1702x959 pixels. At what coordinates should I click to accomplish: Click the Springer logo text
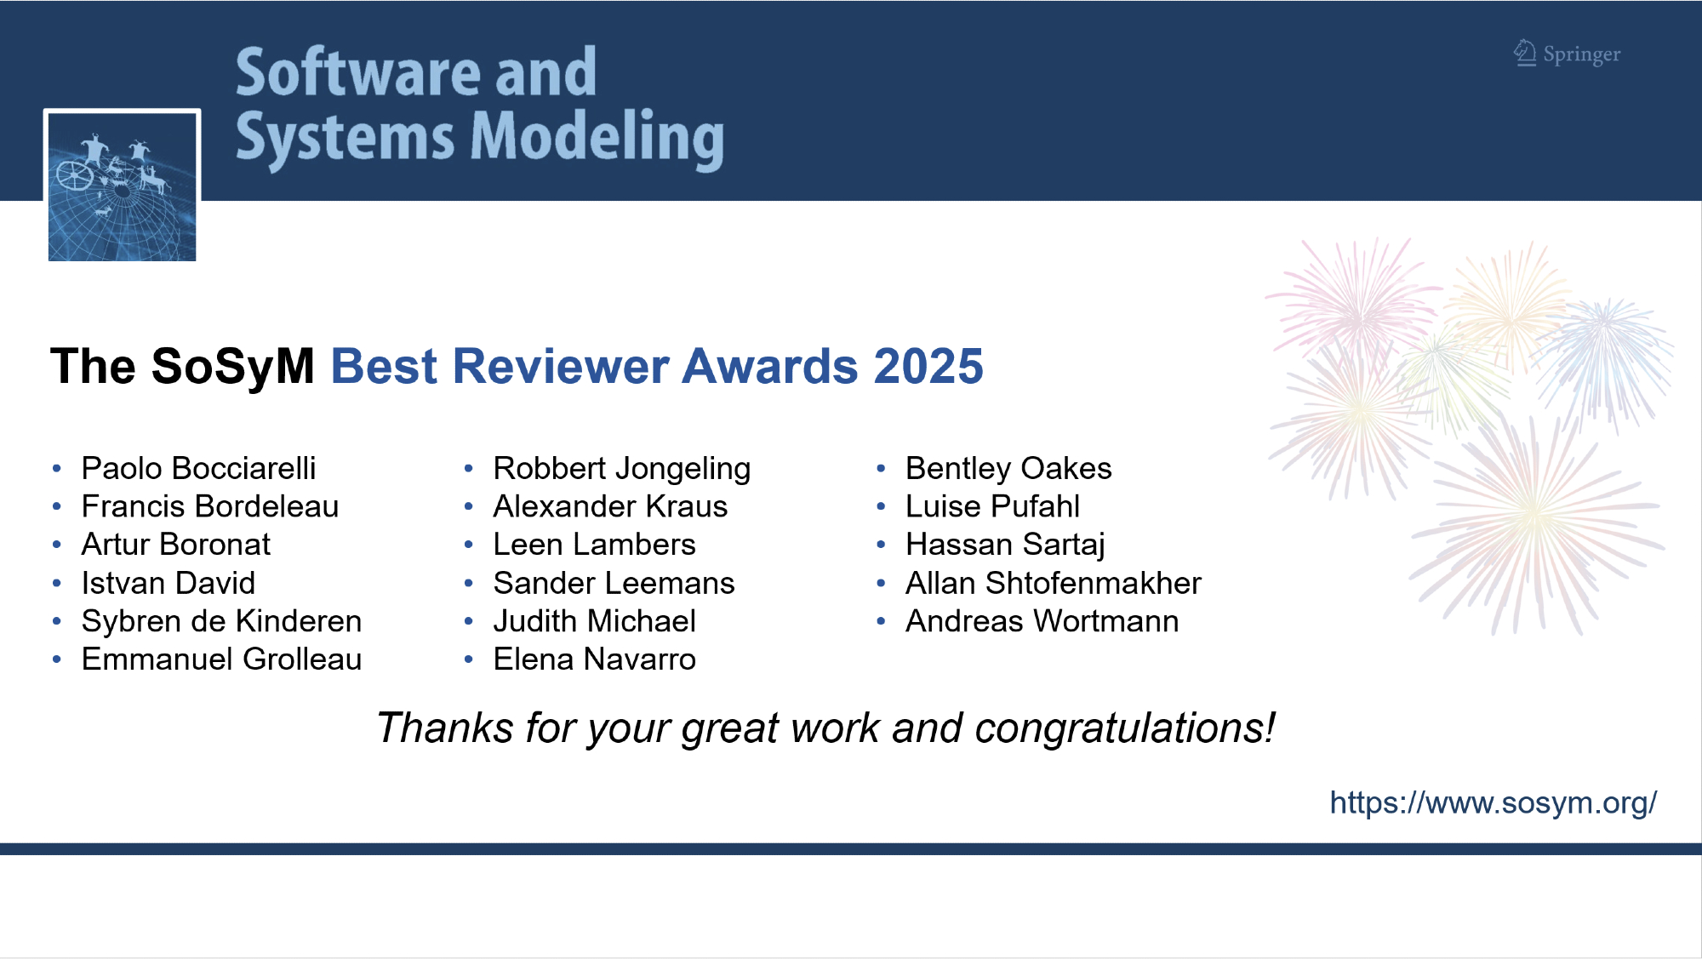(x=1581, y=54)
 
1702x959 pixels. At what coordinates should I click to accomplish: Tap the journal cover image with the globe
(x=123, y=186)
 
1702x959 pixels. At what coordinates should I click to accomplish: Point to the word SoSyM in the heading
(x=233, y=367)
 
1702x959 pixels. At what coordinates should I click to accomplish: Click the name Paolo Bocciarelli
(x=198, y=469)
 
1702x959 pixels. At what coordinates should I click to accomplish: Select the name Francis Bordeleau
(x=210, y=507)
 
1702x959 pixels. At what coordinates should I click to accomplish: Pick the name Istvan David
(x=168, y=584)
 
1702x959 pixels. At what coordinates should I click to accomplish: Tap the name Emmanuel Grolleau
(x=221, y=659)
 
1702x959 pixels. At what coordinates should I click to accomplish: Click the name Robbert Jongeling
(x=622, y=469)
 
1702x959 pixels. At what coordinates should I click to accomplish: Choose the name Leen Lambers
(x=594, y=545)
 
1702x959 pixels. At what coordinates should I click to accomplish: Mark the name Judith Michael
(x=594, y=621)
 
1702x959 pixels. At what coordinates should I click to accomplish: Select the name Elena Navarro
(x=594, y=659)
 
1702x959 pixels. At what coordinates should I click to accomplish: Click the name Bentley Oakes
(x=1008, y=469)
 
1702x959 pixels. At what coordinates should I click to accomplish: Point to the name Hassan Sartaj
(x=1005, y=545)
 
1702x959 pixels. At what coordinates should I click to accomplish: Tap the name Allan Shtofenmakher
(x=1054, y=584)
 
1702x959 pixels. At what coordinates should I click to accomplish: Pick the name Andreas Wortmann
(x=1042, y=621)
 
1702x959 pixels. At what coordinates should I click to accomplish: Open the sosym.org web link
(x=1494, y=802)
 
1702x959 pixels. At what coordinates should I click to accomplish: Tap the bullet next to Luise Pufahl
(x=881, y=507)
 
